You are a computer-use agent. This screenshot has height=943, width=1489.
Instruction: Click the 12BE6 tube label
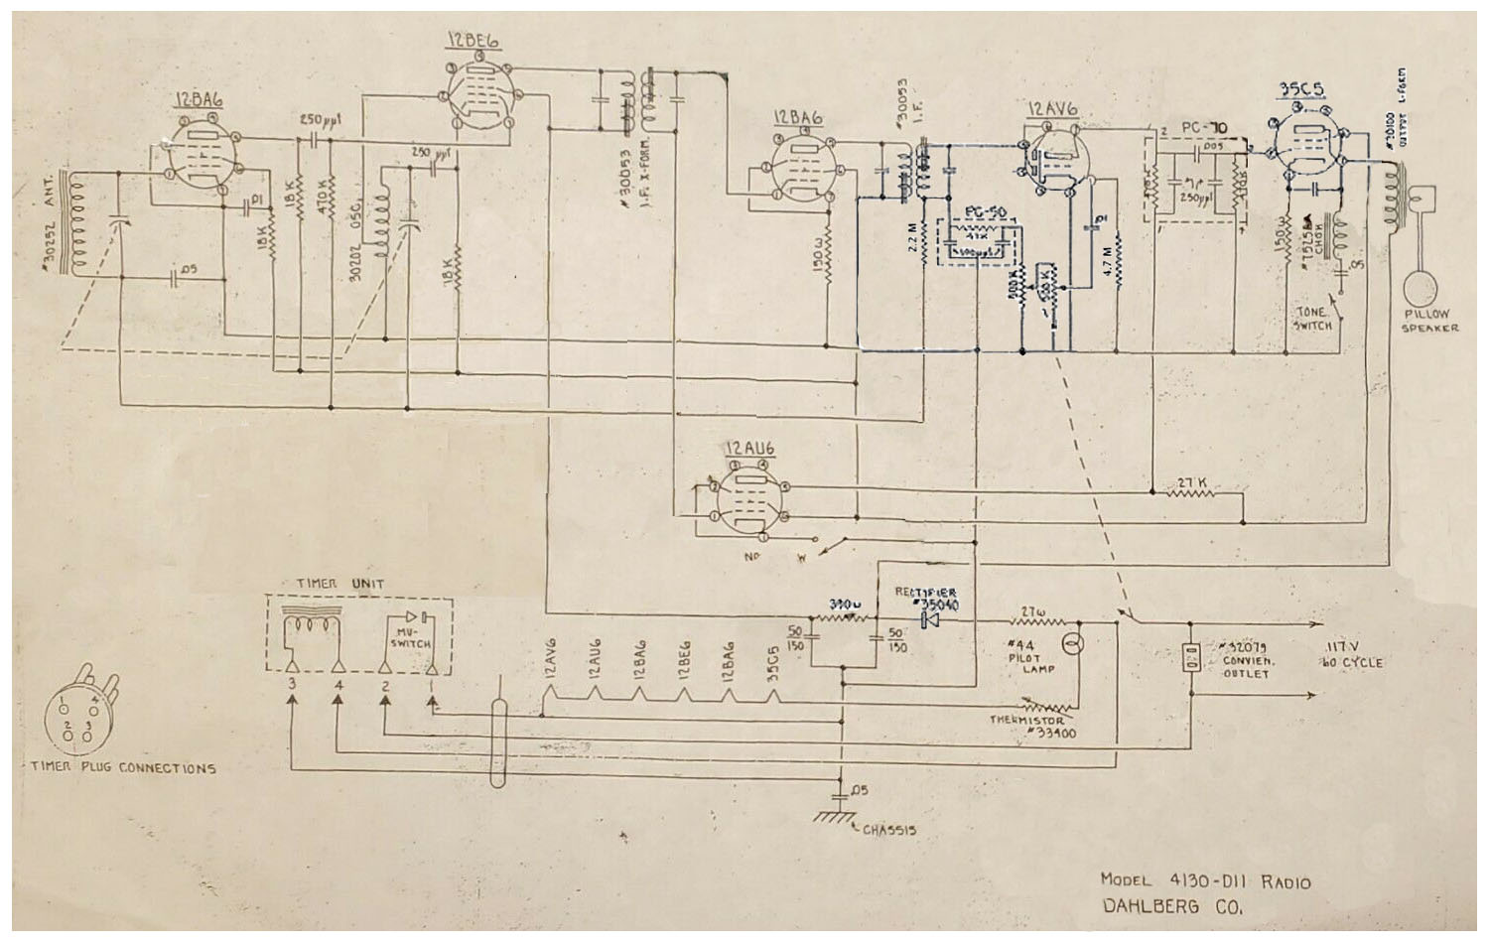click(x=473, y=40)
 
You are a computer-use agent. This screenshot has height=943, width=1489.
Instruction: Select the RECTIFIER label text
click(x=926, y=592)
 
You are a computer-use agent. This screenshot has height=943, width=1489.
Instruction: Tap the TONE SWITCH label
click(x=1313, y=318)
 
